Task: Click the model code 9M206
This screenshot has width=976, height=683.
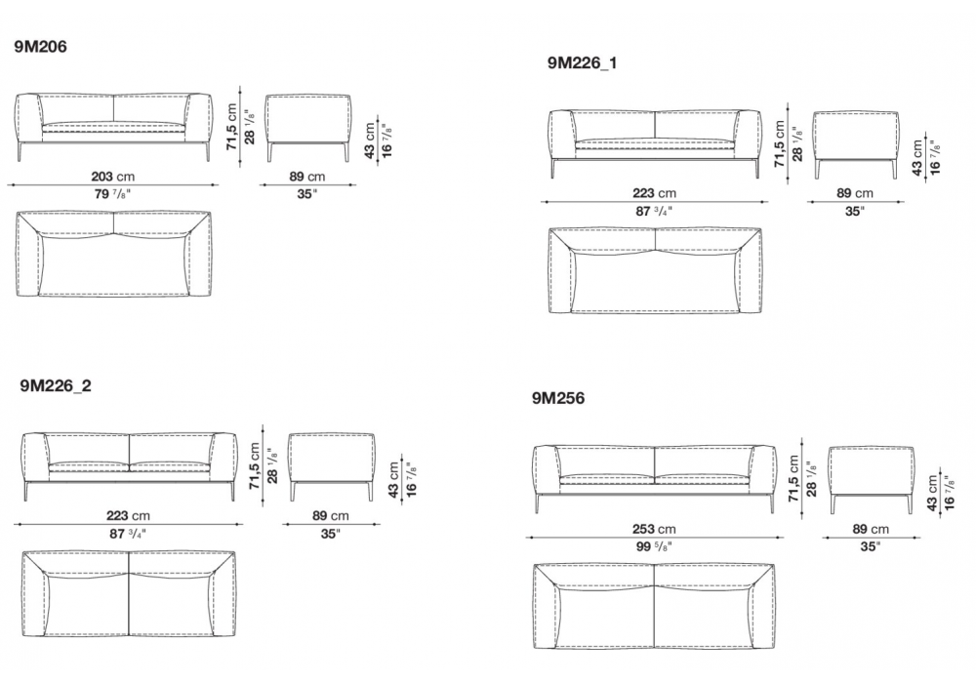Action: (x=40, y=47)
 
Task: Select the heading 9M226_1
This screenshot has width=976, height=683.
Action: (x=583, y=62)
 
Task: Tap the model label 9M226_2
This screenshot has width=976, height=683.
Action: (x=56, y=385)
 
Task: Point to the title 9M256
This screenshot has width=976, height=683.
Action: (x=558, y=398)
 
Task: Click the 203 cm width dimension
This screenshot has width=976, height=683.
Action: (x=112, y=177)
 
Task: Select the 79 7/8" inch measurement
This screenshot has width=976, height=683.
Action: (x=112, y=194)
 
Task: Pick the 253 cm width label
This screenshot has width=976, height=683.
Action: (x=654, y=530)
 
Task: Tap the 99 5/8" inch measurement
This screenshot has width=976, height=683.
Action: (x=654, y=546)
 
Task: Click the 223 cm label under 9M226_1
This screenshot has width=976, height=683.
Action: (x=654, y=193)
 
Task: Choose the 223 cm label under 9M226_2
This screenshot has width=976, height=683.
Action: (x=128, y=516)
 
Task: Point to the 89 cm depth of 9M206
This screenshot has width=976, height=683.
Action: (x=307, y=177)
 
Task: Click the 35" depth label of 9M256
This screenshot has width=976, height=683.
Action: (x=871, y=546)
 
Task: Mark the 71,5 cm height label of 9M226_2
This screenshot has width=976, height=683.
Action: (x=254, y=466)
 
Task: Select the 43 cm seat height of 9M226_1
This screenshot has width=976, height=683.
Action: (x=916, y=158)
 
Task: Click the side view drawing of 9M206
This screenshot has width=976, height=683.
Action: (x=308, y=128)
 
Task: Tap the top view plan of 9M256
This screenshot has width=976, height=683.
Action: (x=654, y=607)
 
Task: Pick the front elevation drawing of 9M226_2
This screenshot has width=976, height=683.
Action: (x=129, y=466)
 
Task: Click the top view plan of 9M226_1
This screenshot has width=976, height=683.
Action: (x=655, y=270)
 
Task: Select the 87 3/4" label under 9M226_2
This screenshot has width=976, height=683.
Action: (x=128, y=534)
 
